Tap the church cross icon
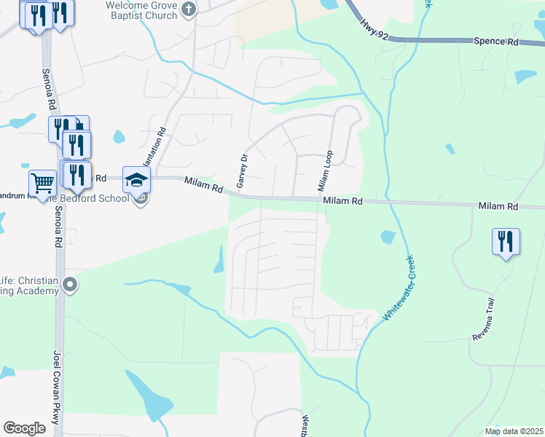tap(189, 9)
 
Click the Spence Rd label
tap(495, 42)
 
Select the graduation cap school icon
tap(136, 178)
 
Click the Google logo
tap(24, 428)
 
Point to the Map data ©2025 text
tap(513, 431)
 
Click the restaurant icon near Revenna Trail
tap(506, 240)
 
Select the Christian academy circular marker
tap(69, 283)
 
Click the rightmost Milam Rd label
tap(498, 207)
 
